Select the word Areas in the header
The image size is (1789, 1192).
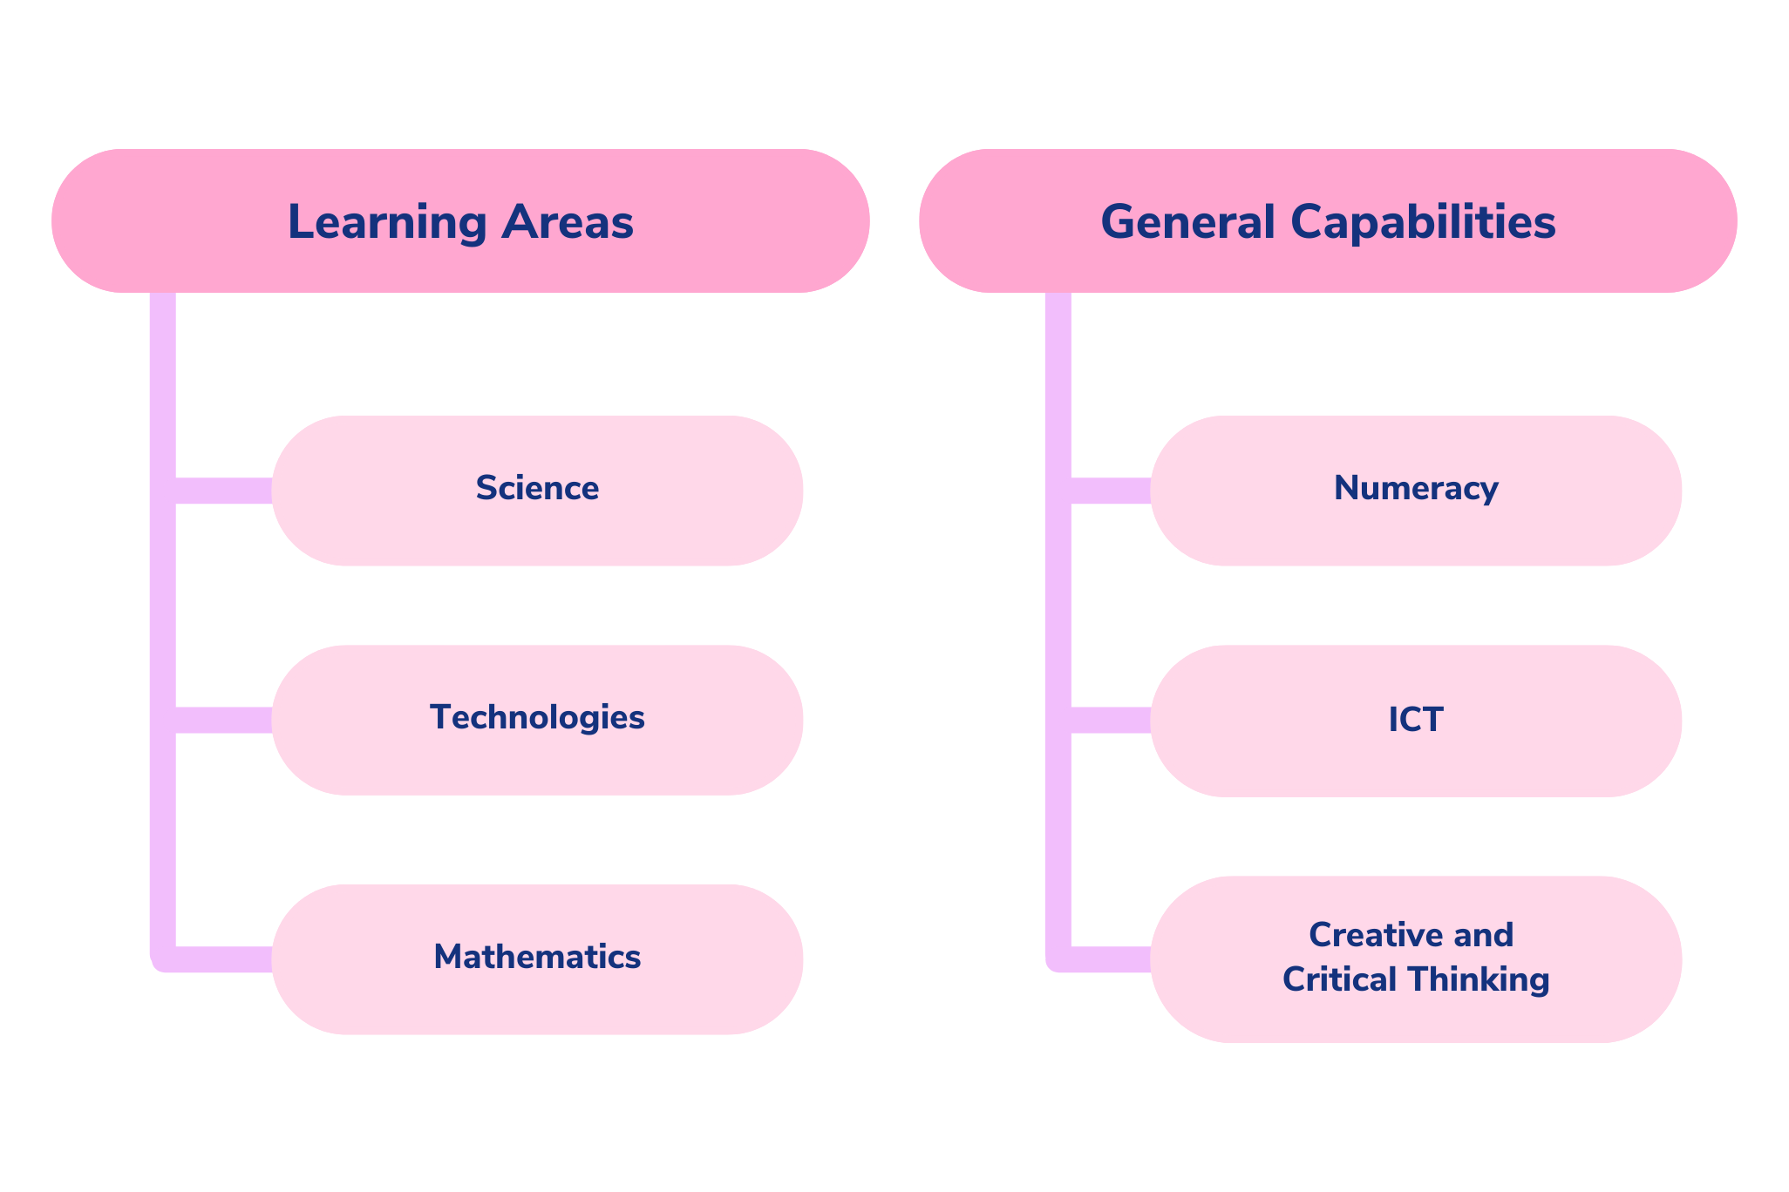(568, 221)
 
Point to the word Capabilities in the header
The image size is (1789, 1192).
(1423, 223)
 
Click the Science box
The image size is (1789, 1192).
(537, 491)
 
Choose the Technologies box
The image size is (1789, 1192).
(537, 720)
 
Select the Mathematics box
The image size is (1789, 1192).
(537, 959)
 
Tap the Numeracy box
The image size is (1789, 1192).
(1416, 491)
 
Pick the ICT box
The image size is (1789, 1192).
(1416, 721)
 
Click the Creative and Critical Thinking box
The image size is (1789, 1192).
(1416, 959)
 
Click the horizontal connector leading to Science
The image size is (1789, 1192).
(224, 491)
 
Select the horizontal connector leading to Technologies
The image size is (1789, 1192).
(224, 720)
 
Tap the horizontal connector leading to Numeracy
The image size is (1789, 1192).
(1111, 491)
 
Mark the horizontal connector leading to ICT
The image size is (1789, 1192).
(1111, 720)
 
